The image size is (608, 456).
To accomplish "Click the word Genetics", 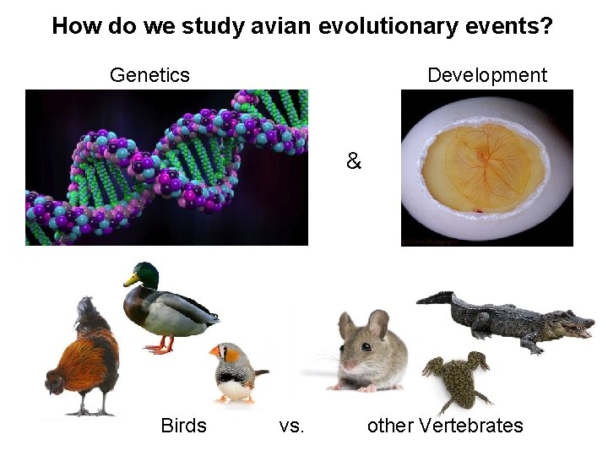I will tap(149, 75).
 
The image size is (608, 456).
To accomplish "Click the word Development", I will tap(486, 75).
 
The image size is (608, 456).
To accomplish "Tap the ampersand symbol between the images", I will tap(353, 160).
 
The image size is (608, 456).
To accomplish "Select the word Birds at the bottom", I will tap(183, 426).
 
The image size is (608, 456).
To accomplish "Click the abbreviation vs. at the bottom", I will tap(291, 426).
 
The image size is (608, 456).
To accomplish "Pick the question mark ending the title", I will tap(547, 26).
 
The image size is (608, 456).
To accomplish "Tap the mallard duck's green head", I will tap(143, 274).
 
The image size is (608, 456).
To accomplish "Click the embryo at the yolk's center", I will tap(481, 155).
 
